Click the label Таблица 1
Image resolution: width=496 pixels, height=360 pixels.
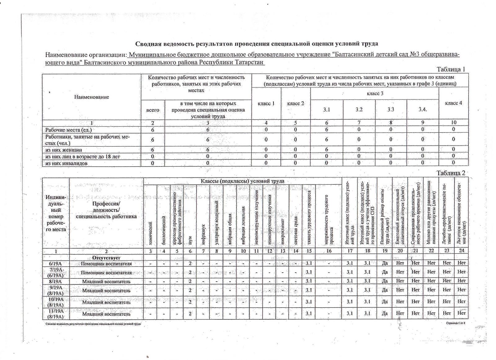tap(451, 69)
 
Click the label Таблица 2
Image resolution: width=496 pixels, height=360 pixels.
tap(451, 173)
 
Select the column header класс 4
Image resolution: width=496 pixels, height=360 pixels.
tap(453, 103)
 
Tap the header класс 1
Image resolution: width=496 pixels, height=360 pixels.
tap(266, 103)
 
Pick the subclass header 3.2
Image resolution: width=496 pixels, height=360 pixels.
tap(359, 110)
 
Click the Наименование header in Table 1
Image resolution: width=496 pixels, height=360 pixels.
tap(91, 97)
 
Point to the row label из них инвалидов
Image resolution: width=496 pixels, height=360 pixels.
tap(71, 163)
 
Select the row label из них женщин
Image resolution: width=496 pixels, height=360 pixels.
tap(64, 150)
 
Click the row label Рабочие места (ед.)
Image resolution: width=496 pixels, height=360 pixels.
tap(69, 130)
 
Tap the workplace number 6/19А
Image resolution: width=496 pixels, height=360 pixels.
tap(56, 264)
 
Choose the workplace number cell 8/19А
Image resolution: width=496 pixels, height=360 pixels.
tap(56, 282)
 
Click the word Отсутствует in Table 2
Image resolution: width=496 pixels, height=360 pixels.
tap(106, 258)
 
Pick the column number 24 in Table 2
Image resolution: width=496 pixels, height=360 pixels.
tap(461, 251)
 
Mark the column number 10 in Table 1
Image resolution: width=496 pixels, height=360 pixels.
tap(453, 123)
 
